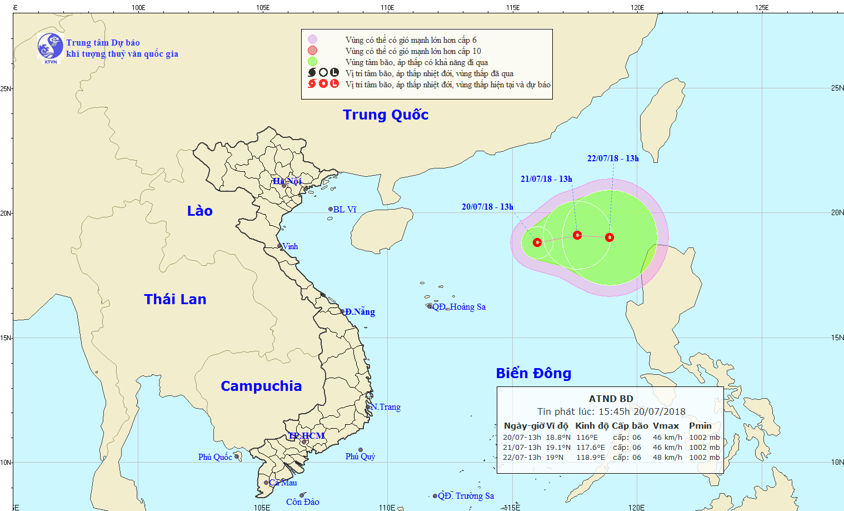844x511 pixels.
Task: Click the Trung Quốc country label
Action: (386, 115)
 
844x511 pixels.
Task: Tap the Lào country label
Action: (199, 211)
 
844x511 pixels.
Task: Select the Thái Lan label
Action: (175, 299)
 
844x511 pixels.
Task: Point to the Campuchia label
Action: (261, 386)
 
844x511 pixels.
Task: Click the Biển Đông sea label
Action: (533, 373)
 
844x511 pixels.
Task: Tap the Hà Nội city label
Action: (287, 181)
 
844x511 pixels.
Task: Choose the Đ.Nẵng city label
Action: (359, 312)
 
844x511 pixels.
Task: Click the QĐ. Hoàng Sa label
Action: (458, 307)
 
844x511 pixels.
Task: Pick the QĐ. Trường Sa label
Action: (466, 496)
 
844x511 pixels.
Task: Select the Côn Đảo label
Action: (302, 502)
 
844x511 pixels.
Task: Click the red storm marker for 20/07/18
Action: (537, 242)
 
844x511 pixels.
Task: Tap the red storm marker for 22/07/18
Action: (610, 237)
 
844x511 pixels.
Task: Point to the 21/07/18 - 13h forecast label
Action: (546, 179)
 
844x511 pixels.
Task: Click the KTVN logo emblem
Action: (50, 47)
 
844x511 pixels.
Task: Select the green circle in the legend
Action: (313, 62)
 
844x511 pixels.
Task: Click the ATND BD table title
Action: (611, 399)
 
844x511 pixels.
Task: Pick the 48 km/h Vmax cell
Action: (667, 458)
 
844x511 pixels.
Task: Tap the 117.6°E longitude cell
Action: (590, 448)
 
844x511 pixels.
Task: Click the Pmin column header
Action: (700, 426)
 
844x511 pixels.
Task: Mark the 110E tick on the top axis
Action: (387, 8)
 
